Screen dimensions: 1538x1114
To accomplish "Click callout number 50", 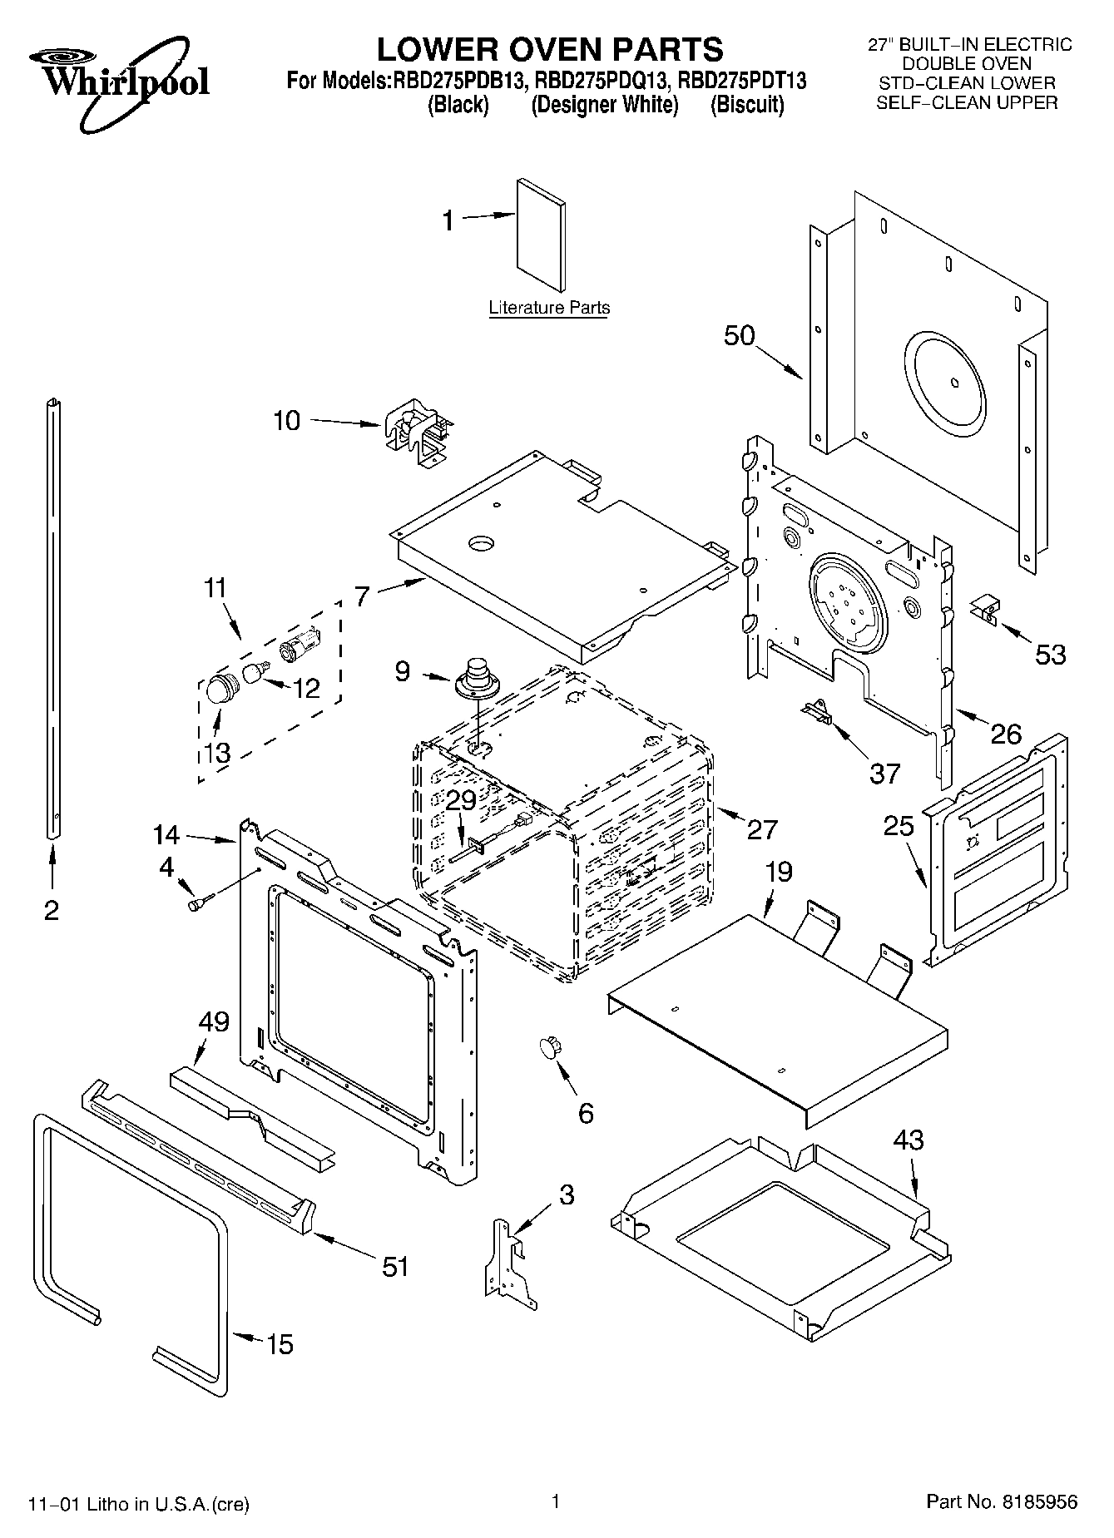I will pos(739,336).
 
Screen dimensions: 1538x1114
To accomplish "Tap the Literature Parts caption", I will pos(549,308).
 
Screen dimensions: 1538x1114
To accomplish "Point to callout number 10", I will pos(286,421).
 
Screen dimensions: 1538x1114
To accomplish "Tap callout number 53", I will pos(1050,655).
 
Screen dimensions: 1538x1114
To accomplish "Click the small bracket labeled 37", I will pos(817,713).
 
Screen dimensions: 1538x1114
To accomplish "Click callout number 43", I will pos(908,1139).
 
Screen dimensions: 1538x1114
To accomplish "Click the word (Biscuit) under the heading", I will pos(747,106).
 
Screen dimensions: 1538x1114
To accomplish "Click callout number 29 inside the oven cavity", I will pos(461,800).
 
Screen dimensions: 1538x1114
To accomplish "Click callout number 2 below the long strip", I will pos(52,910).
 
